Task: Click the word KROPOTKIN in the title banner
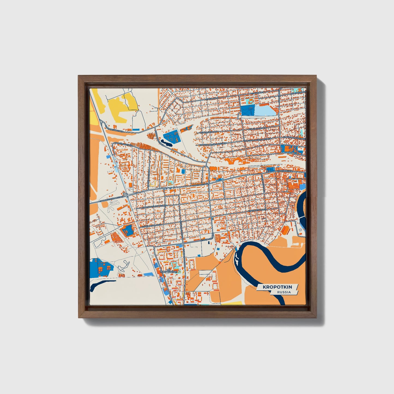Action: (x=277, y=287)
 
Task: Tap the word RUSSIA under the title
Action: (x=284, y=292)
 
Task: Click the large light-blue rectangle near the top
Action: (x=264, y=110)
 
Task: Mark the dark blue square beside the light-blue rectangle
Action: (x=247, y=110)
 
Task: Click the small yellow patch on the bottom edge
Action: (x=232, y=303)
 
